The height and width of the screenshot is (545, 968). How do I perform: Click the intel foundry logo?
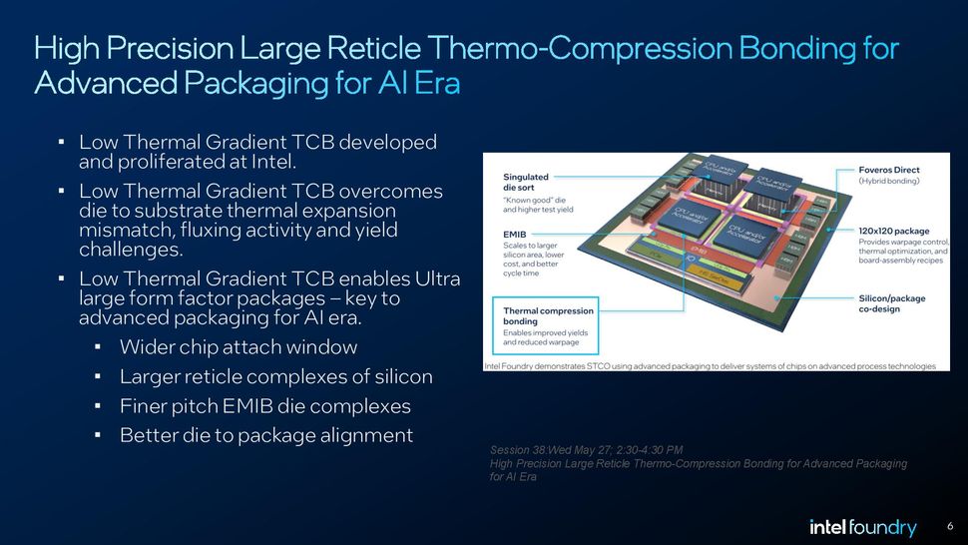862,527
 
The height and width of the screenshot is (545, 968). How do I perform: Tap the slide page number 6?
950,526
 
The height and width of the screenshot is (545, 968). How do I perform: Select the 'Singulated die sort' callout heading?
526,183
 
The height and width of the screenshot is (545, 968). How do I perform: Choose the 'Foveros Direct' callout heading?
889,170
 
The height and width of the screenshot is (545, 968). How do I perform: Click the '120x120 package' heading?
894,231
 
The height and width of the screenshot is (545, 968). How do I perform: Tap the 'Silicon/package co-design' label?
892,303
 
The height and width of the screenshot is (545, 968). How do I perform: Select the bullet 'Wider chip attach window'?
238,347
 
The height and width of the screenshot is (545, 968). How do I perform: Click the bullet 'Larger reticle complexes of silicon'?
275,376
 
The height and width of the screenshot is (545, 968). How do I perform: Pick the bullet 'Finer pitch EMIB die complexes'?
264,406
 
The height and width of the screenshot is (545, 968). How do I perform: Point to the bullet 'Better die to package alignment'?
265,435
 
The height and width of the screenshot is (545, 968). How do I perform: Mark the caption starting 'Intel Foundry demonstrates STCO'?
710,366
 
